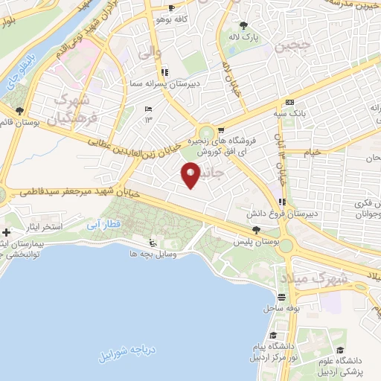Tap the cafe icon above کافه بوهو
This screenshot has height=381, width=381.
pos(172,8)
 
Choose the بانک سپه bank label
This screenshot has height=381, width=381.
pos(290,114)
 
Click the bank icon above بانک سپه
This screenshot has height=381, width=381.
pos(289,103)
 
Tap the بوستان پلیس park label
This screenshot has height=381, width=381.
pos(256,243)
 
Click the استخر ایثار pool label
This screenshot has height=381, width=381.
pos(42,225)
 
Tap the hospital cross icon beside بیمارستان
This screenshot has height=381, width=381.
pos(7,234)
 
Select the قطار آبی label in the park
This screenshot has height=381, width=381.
pos(101,222)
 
